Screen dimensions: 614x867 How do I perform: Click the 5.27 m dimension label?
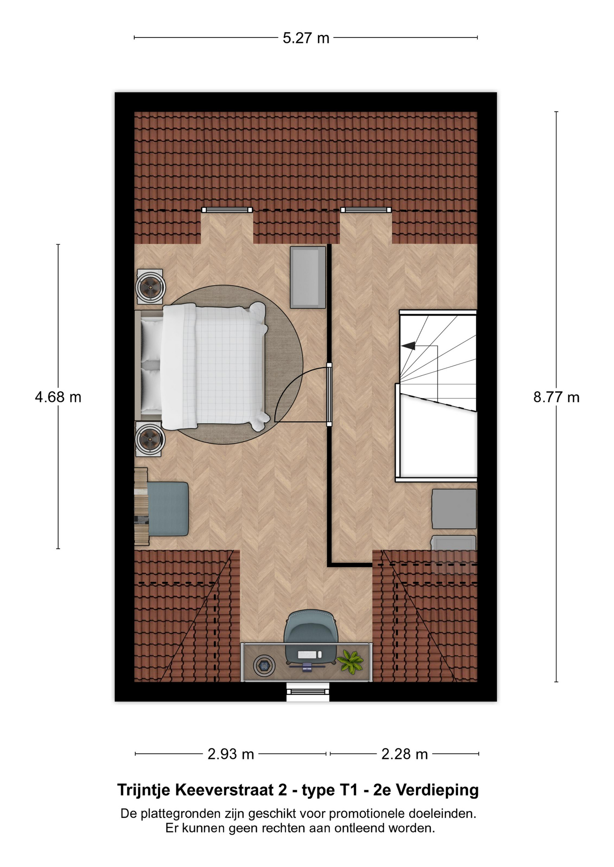[x=306, y=38]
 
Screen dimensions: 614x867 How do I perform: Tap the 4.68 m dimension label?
[x=58, y=397]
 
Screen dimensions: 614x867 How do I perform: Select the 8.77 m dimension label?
[x=556, y=397]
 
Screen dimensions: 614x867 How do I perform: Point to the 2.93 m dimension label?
[x=231, y=754]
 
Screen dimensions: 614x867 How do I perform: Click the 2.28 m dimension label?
[x=405, y=754]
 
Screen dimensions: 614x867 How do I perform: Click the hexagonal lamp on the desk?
[x=264, y=665]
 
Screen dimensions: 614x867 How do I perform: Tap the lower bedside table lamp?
[x=150, y=438]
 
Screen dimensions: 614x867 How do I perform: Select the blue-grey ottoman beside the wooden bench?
[x=168, y=509]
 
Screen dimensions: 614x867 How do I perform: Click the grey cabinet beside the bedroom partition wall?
[x=308, y=277]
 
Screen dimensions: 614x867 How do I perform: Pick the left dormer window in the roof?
[x=227, y=210]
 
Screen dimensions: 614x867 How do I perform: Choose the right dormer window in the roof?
[x=366, y=210]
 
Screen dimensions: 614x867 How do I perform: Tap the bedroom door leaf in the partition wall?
[x=329, y=395]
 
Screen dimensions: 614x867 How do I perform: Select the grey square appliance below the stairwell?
[x=454, y=509]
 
